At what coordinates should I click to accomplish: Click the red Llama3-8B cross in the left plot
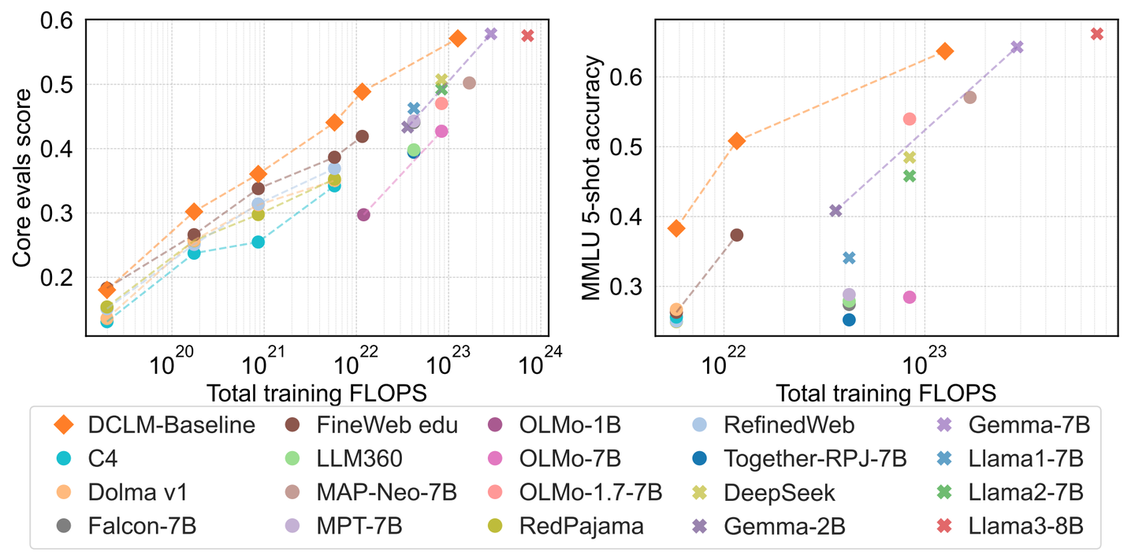(x=527, y=35)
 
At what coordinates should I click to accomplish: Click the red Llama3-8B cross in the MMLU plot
(x=1096, y=34)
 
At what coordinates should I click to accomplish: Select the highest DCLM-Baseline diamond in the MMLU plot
(x=945, y=51)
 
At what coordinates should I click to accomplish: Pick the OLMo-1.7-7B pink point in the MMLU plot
(x=909, y=119)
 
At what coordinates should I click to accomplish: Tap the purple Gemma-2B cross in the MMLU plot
(x=836, y=210)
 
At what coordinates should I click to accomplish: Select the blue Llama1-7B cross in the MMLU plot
(x=849, y=257)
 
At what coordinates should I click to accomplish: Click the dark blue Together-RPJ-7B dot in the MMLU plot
(x=849, y=320)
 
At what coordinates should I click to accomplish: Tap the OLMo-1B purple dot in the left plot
(x=363, y=215)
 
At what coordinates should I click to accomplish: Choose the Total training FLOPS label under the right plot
(x=886, y=392)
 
